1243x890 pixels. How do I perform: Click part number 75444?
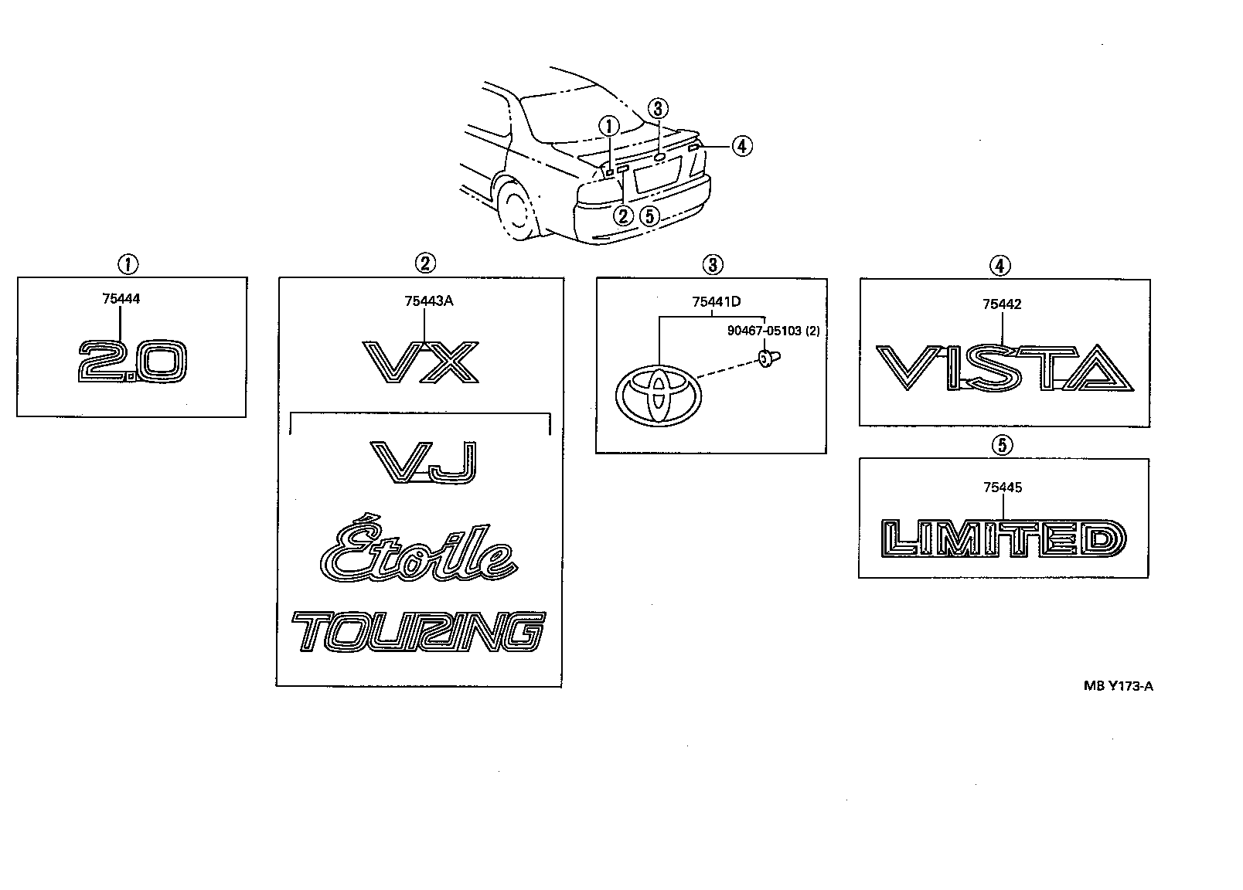click(121, 299)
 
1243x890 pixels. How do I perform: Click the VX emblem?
click(421, 363)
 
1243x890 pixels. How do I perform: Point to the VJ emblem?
click(423, 462)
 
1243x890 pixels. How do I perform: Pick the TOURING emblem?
click(418, 633)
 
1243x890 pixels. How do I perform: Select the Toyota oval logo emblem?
click(658, 394)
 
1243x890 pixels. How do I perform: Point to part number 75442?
click(1002, 304)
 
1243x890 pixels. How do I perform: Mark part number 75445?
click(1002, 487)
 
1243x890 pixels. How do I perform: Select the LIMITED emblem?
click(1003, 538)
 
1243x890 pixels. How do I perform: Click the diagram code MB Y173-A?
click(1118, 684)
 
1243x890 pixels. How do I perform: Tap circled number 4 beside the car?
click(741, 145)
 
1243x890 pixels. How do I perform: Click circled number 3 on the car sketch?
click(657, 109)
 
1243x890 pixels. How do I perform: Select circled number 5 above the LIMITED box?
click(1003, 445)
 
